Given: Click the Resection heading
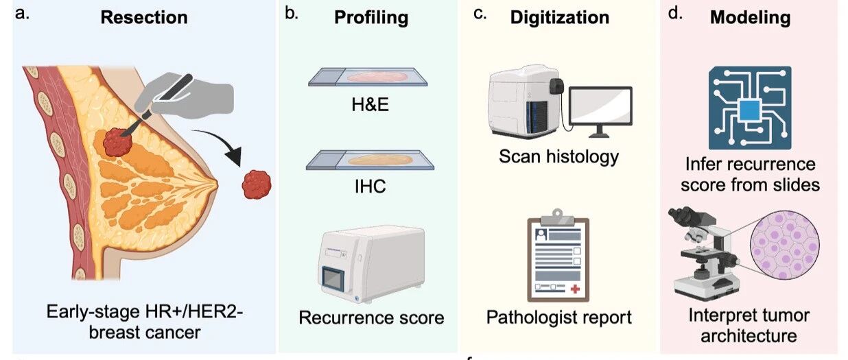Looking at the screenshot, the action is (x=144, y=17).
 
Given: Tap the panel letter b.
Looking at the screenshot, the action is (x=291, y=14).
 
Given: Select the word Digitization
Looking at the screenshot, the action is (x=560, y=18).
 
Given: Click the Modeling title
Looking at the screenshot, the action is (x=750, y=18).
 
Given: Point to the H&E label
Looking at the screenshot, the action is (x=370, y=104).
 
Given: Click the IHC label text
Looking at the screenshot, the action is (x=370, y=187).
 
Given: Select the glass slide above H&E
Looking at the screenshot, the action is (x=368, y=77).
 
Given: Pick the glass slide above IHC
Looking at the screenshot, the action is (x=370, y=160).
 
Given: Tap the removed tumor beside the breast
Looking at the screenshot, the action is (x=257, y=184).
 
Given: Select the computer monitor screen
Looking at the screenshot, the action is (x=600, y=106).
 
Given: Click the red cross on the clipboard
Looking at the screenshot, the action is (x=575, y=289).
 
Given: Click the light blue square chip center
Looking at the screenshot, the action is (x=750, y=110).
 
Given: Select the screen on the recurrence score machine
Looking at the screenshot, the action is (x=333, y=279).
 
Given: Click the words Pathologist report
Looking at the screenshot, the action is (x=558, y=317).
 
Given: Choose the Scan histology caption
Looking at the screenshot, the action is (x=558, y=156).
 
